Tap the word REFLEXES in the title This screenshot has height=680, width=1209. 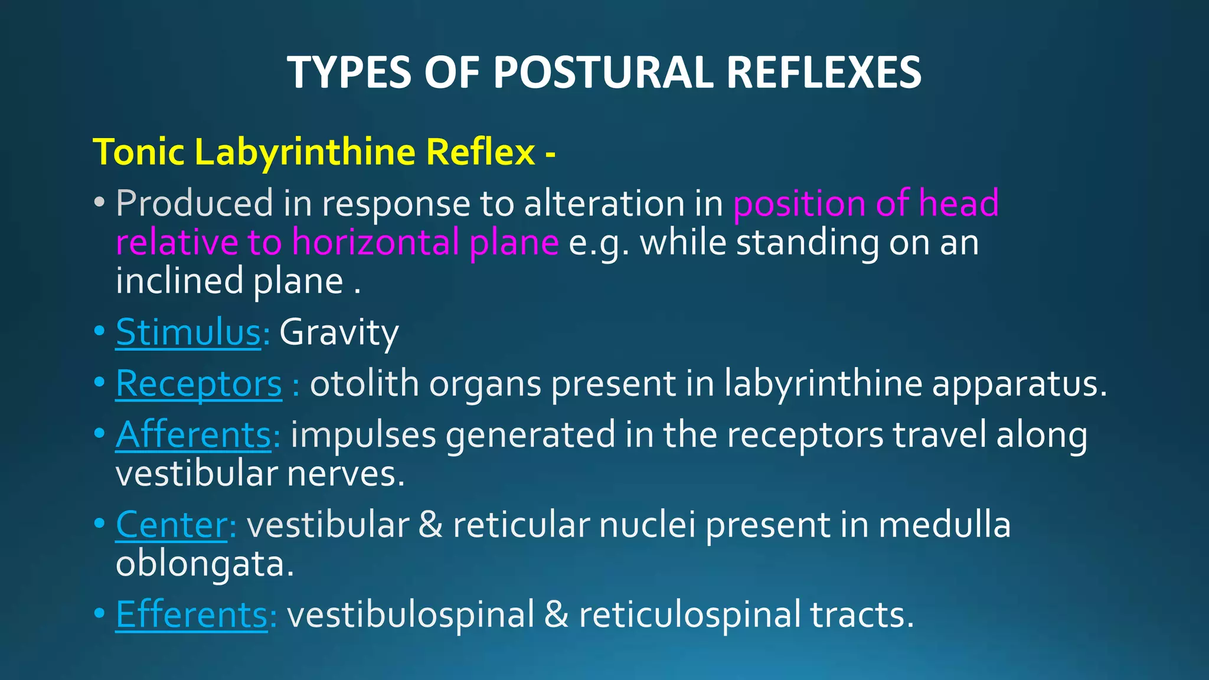coord(824,73)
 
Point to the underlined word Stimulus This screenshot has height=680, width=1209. coord(188,332)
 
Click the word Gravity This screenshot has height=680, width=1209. coord(339,332)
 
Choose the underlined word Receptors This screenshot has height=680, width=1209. coord(198,384)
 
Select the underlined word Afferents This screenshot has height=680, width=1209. coord(193,435)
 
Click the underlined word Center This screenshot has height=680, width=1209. coord(171,525)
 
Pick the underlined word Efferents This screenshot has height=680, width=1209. coord(192,614)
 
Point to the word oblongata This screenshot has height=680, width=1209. coord(204,564)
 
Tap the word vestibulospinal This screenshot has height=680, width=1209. coord(410,614)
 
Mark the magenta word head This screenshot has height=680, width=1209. coord(959,203)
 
